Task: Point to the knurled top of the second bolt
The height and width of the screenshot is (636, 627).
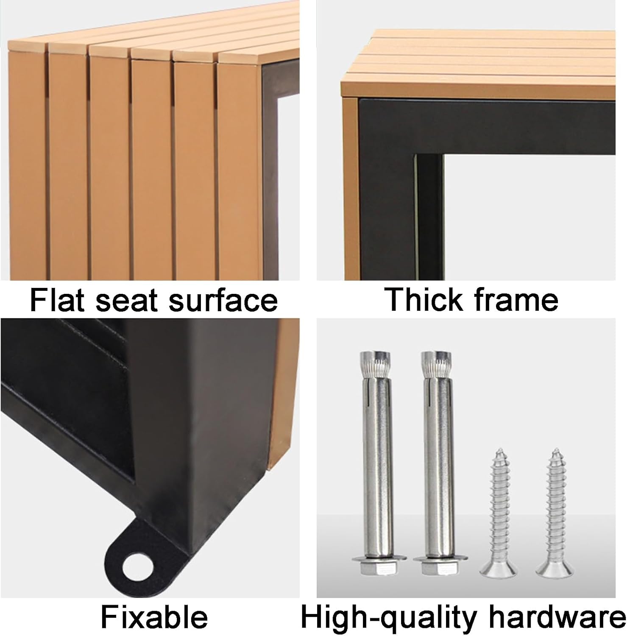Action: point(435,364)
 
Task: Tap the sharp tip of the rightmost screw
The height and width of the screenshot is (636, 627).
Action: point(554,448)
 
